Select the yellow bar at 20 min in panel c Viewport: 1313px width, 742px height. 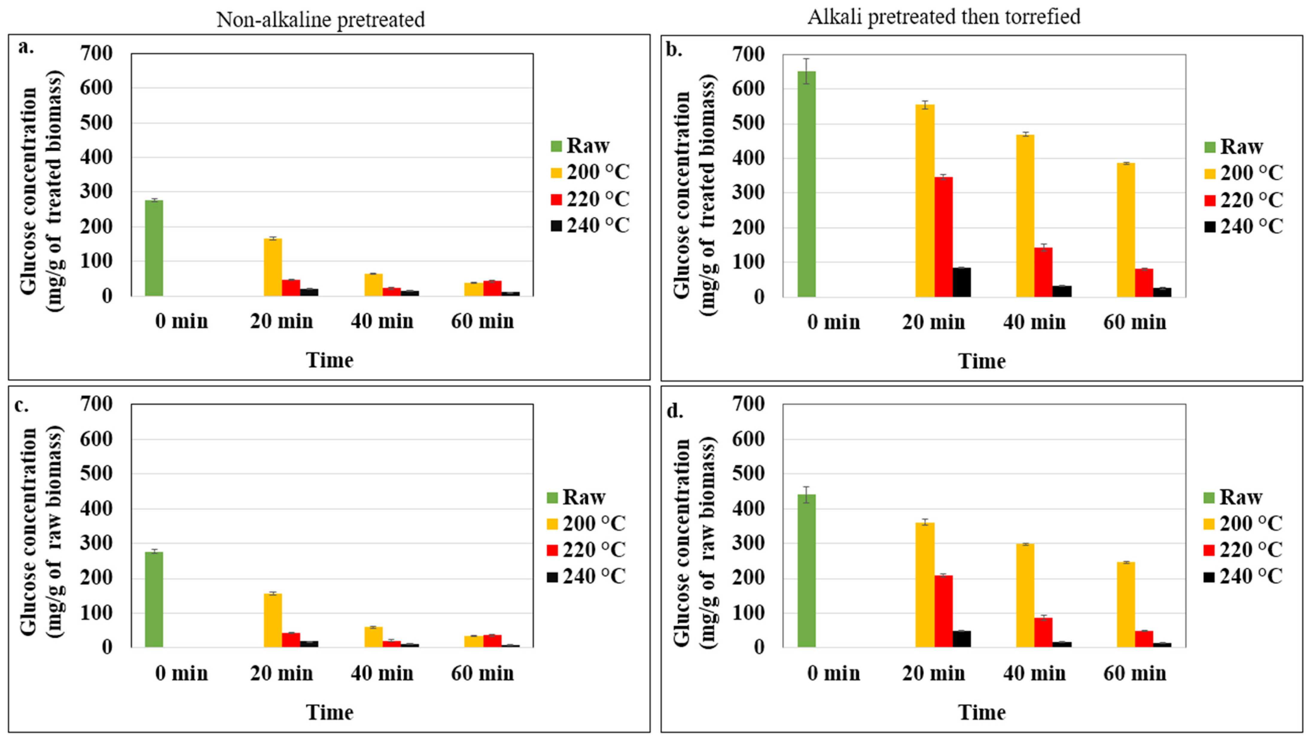tap(273, 621)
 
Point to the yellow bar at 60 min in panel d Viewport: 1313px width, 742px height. tap(1126, 605)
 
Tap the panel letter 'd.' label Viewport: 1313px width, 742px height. tap(675, 411)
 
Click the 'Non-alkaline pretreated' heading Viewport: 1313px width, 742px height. tap(321, 19)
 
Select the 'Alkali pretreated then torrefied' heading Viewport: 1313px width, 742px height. tap(943, 17)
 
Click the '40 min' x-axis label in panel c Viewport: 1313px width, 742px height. tap(382, 674)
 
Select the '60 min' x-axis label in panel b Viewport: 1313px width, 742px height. tap(1135, 322)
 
